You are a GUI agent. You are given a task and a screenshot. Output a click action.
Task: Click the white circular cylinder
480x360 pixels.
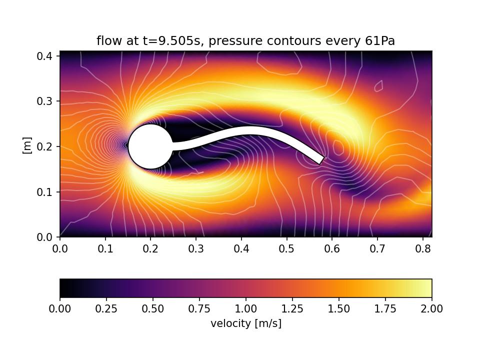[x=150, y=146]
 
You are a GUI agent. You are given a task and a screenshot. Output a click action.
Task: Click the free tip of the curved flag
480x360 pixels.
[x=321, y=160]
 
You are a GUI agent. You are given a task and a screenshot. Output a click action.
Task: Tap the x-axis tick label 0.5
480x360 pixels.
[x=286, y=248]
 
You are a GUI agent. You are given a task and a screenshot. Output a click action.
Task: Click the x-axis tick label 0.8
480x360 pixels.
[x=422, y=248]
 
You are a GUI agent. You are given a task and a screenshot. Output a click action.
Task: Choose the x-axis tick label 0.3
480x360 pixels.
[x=196, y=248]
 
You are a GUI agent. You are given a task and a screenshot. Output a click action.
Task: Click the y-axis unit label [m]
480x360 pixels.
[x=27, y=145]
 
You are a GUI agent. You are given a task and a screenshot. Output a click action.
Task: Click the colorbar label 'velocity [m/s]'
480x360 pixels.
[x=246, y=323]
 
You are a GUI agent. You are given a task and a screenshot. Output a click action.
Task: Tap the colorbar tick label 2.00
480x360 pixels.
[x=431, y=308]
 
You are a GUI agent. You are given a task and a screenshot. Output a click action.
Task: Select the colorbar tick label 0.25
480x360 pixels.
[x=106, y=308]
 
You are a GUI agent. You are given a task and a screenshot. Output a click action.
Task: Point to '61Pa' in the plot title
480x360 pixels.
[x=380, y=41]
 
